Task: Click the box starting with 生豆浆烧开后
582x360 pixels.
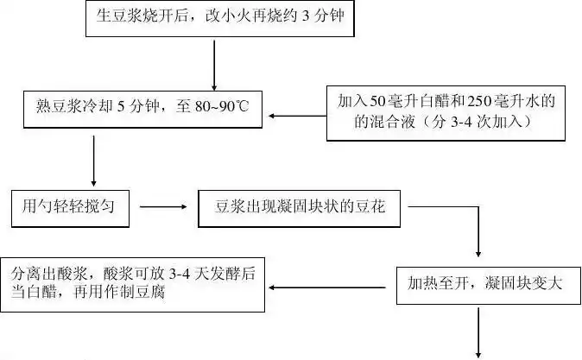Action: point(216,18)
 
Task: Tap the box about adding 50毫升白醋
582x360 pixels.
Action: point(446,112)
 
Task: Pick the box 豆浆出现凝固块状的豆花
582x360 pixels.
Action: point(302,207)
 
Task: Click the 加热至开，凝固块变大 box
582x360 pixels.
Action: point(479,283)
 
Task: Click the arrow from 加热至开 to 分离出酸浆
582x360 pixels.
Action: point(332,284)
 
